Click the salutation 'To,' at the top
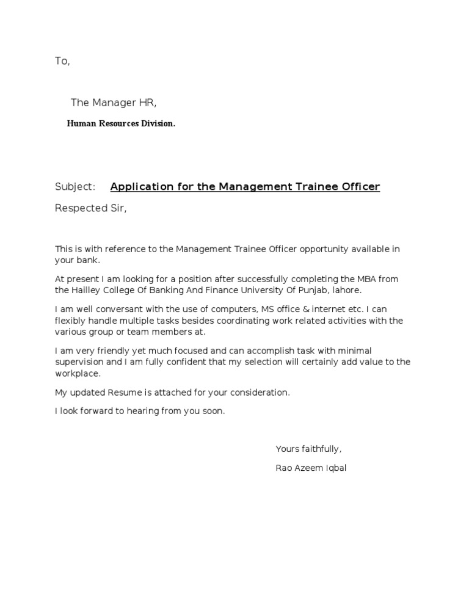[62, 61]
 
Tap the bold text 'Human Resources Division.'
[121, 123]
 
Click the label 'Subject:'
[75, 186]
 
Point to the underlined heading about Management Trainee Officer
[245, 186]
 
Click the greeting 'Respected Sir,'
[91, 208]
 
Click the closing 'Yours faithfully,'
[308, 449]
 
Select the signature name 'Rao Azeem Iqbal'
[311, 468]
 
